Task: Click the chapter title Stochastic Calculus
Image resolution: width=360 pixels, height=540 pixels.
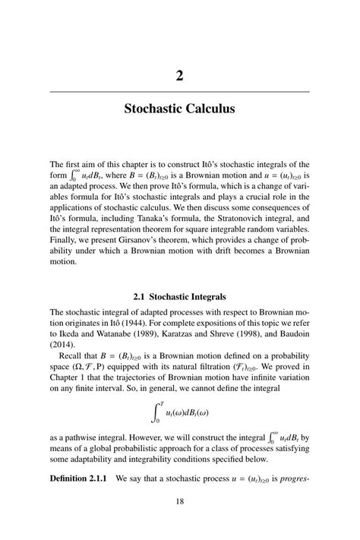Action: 179,109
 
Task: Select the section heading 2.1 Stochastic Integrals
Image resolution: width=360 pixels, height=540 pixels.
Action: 179,295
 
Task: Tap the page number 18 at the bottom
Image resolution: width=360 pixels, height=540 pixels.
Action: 179,501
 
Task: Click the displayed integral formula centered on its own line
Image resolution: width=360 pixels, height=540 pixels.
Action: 181,412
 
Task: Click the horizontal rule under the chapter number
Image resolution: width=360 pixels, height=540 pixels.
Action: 179,91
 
